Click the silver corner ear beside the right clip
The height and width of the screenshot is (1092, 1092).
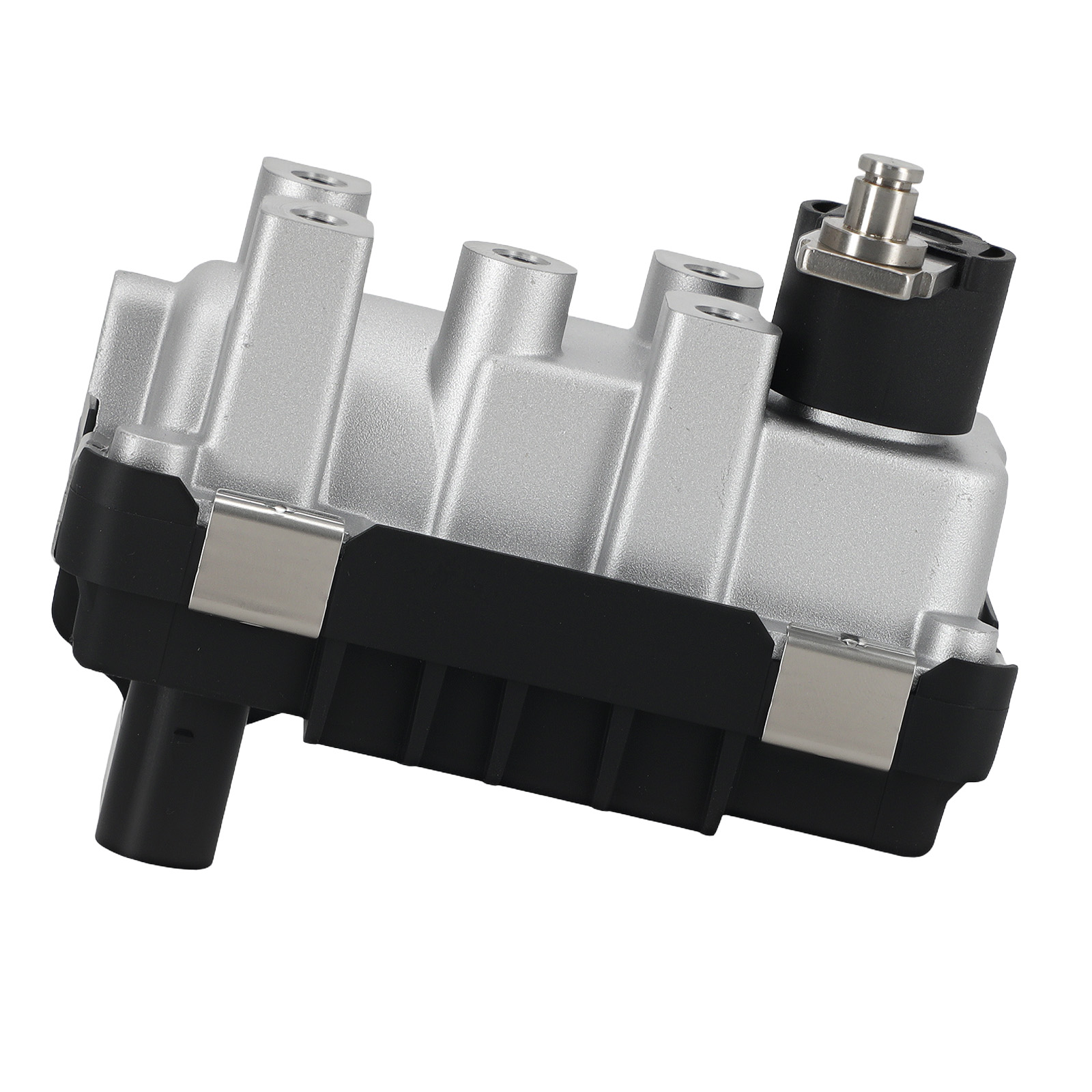point(969,631)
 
